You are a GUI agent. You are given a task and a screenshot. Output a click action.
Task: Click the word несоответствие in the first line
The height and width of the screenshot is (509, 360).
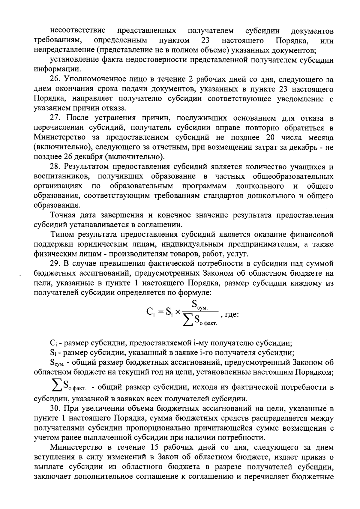tap(77, 31)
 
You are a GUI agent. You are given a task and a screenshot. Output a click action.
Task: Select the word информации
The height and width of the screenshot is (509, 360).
tap(57, 69)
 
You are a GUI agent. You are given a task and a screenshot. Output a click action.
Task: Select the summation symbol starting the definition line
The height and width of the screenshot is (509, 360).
tap(56, 387)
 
